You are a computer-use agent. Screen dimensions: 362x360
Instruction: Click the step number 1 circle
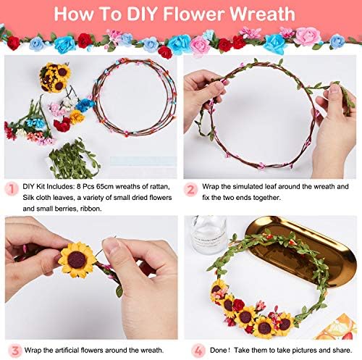[12, 189]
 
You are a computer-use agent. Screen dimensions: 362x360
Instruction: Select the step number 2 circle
[190, 190]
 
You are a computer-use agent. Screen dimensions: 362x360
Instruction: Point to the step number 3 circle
[15, 351]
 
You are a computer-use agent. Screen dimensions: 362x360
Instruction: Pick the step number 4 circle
[198, 351]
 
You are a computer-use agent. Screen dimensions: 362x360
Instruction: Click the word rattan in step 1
[159, 187]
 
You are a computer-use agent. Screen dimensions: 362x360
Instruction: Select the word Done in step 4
[219, 350]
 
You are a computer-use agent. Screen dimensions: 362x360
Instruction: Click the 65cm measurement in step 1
[104, 187]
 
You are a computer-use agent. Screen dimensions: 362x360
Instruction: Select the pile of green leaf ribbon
[74, 159]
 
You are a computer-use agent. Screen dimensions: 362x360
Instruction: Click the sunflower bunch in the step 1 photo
[55, 78]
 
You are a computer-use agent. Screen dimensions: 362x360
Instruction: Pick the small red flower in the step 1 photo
[62, 125]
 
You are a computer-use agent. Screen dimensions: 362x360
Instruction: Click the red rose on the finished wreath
[239, 305]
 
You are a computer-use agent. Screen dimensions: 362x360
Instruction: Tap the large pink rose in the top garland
[308, 36]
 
